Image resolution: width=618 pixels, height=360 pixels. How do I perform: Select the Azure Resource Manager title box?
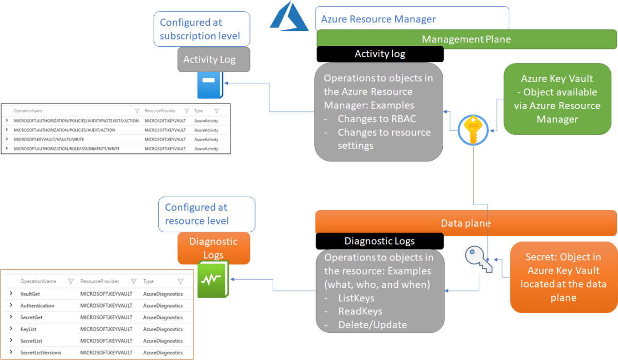(412, 19)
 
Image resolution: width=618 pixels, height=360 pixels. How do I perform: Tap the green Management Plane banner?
(466, 39)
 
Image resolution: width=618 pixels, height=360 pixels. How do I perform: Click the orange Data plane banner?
(466, 223)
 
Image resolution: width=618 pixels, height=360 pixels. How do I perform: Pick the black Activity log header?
(380, 54)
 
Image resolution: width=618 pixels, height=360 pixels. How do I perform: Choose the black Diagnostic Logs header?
(379, 241)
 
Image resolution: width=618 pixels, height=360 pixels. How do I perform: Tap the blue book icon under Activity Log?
(210, 85)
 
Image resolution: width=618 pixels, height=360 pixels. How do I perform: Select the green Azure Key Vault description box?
(557, 99)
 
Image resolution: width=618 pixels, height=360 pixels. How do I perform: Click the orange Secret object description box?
(563, 277)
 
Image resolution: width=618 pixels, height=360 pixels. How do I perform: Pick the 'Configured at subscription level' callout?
(202, 29)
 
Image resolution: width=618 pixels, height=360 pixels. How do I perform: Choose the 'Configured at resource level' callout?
(207, 214)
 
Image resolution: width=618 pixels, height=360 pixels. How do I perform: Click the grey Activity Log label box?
(213, 59)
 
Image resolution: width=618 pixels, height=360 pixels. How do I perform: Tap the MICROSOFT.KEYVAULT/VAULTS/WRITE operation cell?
(49, 139)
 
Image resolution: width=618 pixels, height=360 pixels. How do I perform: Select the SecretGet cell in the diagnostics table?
(31, 317)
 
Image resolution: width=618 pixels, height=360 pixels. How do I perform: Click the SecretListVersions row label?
(41, 353)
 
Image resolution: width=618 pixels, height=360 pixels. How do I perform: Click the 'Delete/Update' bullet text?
(372, 324)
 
